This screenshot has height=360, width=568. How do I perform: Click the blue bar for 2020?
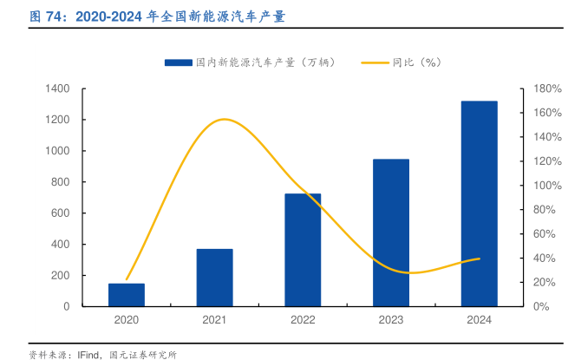tap(127, 295)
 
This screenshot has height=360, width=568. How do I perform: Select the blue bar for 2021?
tap(214, 278)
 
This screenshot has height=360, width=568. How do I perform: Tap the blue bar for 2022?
tap(303, 250)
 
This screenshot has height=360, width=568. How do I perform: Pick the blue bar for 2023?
tap(391, 232)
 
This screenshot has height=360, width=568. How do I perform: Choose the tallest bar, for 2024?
tap(479, 204)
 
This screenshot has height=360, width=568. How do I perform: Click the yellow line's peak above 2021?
tap(224, 119)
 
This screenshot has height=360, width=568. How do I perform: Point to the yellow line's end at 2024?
tap(479, 259)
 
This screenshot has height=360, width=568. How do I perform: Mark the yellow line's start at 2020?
tap(127, 279)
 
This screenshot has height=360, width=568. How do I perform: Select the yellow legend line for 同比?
tap(373, 62)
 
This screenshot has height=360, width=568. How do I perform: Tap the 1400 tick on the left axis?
tap(58, 88)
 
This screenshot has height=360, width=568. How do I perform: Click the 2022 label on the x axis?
tap(303, 321)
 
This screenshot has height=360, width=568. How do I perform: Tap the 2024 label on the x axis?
tap(479, 321)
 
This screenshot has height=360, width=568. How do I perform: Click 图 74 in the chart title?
tap(47, 16)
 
